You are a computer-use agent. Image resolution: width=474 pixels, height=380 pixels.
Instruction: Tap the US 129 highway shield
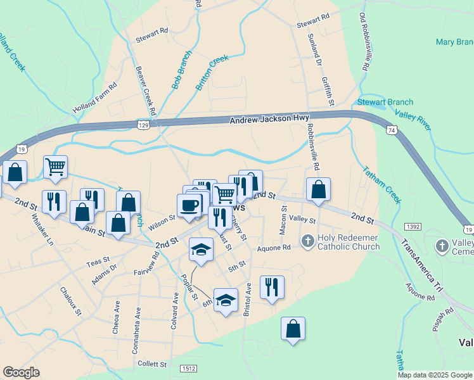pyautogui.click(x=145, y=126)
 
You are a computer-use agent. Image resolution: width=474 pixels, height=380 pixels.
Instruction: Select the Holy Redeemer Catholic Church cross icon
pyautogui.click(x=307, y=241)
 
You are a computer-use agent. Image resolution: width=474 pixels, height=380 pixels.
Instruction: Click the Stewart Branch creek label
pyautogui.click(x=385, y=102)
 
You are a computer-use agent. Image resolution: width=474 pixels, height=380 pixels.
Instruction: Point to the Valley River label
pyautogui.click(x=413, y=120)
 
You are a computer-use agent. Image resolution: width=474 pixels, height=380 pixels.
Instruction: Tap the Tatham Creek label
pyautogui.click(x=382, y=185)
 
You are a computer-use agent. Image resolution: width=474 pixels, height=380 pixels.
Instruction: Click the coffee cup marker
pyautogui.click(x=189, y=205)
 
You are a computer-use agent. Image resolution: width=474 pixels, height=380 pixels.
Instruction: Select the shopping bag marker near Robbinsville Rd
pyautogui.click(x=318, y=189)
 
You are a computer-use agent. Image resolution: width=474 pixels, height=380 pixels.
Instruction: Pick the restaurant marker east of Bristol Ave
pyautogui.click(x=272, y=286)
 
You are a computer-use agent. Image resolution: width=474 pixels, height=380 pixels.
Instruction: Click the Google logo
pyautogui.click(x=21, y=372)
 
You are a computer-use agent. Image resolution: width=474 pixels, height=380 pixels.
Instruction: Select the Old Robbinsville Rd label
pyautogui.click(x=364, y=41)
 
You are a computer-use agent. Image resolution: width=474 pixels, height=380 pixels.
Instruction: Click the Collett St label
pyautogui.click(x=152, y=365)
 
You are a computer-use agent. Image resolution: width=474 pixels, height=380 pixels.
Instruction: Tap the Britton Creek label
pyautogui.click(x=212, y=72)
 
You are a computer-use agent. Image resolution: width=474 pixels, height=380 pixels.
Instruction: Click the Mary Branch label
pyautogui.click(x=454, y=42)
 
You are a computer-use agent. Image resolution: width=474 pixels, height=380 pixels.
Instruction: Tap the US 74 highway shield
pyautogui.click(x=392, y=129)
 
